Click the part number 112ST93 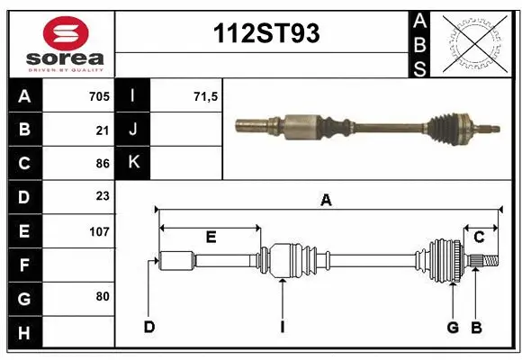coord(265,34)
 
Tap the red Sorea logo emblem coord(65,35)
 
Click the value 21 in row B coord(103,130)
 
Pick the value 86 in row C coord(103,164)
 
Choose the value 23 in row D coord(103,196)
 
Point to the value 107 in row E coord(99,231)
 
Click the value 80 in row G coord(103,296)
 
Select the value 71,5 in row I coord(206,95)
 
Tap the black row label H coord(24,332)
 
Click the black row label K coord(133,162)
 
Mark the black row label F coord(24,265)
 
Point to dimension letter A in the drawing coord(326,201)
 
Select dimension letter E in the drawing coord(211,237)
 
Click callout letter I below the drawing coord(282,327)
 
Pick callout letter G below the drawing coord(453,327)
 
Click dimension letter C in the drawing coord(480,237)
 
